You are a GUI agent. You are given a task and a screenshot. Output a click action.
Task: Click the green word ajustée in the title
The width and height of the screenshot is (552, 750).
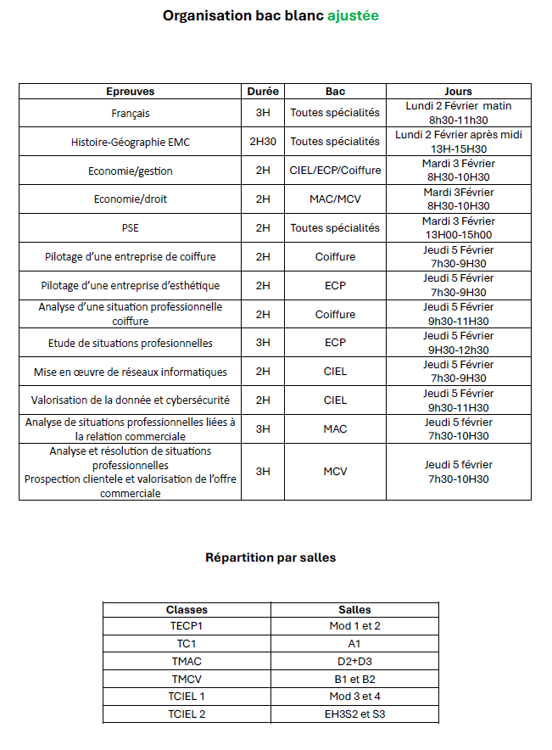point(353,15)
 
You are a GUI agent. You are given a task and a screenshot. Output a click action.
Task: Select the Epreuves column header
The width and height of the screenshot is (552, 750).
point(131,92)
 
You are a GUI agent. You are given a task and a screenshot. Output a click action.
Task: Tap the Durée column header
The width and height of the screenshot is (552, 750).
point(263,92)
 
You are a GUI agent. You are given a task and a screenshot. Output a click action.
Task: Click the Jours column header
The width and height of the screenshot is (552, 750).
point(458,92)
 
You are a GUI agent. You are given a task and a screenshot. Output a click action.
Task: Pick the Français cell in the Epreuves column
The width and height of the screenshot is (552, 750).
point(131,113)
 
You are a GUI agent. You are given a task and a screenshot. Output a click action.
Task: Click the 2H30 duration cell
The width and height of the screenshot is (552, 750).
point(263,142)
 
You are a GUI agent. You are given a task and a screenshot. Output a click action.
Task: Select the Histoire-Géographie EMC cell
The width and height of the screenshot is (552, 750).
point(131,142)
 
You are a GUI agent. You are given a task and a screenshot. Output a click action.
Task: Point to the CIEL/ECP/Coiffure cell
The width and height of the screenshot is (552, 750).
point(335,171)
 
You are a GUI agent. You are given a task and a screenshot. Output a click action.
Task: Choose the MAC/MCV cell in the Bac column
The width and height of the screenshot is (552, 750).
point(335,199)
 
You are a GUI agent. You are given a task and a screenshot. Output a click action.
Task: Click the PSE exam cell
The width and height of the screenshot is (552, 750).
point(131,228)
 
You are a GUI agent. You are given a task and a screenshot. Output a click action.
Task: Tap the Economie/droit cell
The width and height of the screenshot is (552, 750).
point(131,199)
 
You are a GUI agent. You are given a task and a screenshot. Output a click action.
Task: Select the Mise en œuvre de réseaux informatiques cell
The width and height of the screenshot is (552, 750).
point(131,372)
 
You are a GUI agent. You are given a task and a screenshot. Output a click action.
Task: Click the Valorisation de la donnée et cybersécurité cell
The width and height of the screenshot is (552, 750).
point(131,400)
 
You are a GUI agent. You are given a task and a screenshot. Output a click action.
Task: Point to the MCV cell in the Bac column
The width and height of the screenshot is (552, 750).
point(335,472)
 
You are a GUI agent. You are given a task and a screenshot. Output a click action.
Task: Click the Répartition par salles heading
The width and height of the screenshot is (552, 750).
point(270,557)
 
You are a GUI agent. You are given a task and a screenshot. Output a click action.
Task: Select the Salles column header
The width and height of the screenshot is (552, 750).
point(354,609)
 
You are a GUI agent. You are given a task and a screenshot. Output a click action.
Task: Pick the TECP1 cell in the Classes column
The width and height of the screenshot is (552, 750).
point(187,626)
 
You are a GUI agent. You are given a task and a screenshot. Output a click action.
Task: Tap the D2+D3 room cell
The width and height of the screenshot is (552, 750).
point(354,661)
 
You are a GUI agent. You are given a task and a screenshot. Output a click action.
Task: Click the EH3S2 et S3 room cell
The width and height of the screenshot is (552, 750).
point(354,714)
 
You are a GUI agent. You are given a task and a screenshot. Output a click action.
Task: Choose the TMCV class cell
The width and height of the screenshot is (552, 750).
point(187,679)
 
